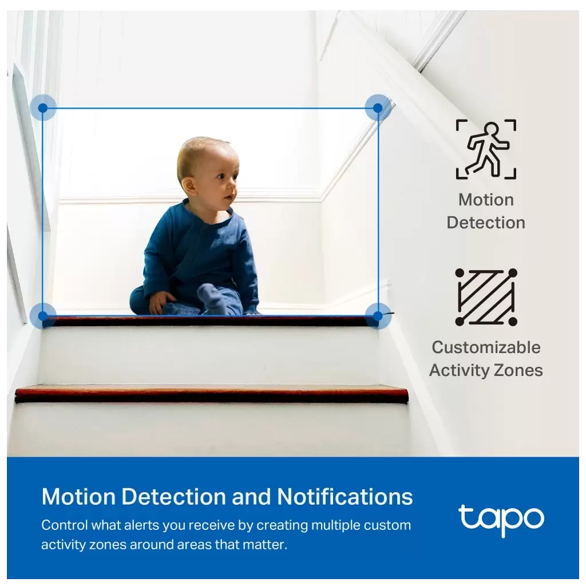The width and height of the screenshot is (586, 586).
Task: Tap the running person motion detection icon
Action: pyautogui.click(x=486, y=149)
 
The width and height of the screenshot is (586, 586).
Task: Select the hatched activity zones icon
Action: pyautogui.click(x=486, y=297)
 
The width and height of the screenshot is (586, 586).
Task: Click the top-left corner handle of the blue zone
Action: pyautogui.click(x=43, y=108)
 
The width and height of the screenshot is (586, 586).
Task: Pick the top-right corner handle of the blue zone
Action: pyautogui.click(x=378, y=108)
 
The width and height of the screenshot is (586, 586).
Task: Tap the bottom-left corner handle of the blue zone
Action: pyautogui.click(x=43, y=316)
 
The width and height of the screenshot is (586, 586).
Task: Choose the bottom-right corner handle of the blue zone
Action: pyautogui.click(x=378, y=316)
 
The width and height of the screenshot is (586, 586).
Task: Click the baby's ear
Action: pyautogui.click(x=189, y=187)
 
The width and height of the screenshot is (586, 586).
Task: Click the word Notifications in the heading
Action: pyautogui.click(x=345, y=497)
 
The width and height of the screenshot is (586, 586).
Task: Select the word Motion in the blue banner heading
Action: pyautogui.click(x=78, y=497)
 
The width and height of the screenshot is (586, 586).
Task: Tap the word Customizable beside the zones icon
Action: pyautogui.click(x=486, y=347)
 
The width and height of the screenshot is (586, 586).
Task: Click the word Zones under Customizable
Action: pyautogui.click(x=518, y=370)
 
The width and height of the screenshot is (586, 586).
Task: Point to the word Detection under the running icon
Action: pyautogui.click(x=486, y=223)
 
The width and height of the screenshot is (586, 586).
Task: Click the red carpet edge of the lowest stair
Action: pyautogui.click(x=211, y=395)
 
